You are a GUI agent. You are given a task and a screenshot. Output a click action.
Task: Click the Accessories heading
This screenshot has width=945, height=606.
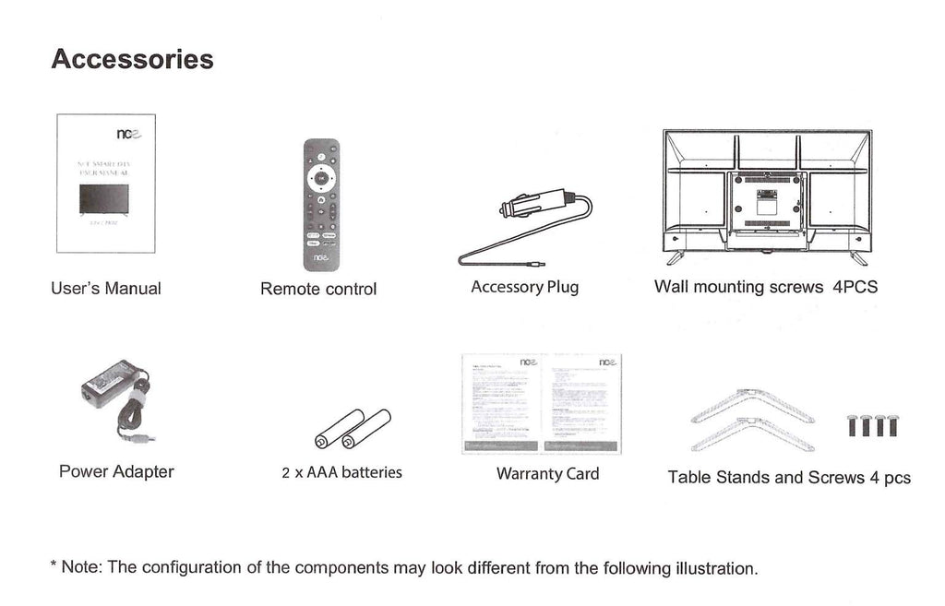(x=132, y=60)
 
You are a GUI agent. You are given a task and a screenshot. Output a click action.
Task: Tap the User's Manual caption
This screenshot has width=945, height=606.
(x=105, y=289)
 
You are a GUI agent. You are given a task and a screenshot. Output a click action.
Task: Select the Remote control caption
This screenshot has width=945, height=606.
(x=318, y=290)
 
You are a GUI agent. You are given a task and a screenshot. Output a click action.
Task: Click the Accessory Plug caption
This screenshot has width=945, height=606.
(x=524, y=287)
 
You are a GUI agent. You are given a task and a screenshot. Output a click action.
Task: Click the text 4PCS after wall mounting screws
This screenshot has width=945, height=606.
(x=855, y=287)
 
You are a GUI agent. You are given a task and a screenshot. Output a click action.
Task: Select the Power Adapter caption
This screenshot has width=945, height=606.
(x=116, y=472)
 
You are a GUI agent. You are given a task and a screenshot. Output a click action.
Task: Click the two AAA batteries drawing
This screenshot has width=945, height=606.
(x=353, y=428)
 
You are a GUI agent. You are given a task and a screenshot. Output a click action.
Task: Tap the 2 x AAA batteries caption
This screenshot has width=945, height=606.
(x=341, y=473)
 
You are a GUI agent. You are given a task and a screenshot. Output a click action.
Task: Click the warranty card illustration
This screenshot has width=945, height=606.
(x=541, y=404)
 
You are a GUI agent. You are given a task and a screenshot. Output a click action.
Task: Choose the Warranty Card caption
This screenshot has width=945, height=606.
(x=547, y=474)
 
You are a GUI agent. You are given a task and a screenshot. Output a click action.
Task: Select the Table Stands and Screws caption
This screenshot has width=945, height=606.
(x=789, y=478)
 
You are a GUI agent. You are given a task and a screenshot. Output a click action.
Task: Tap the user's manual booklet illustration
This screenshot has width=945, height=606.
(x=106, y=183)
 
